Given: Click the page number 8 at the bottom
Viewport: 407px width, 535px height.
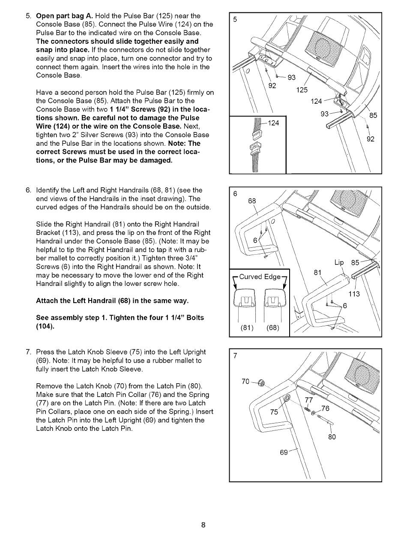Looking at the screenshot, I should click(x=204, y=525).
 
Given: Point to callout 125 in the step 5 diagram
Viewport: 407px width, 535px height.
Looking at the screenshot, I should click(x=302, y=90).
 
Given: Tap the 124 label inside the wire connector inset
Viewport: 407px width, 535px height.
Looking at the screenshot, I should click(x=273, y=123).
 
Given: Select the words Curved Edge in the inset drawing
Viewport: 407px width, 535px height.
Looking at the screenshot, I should click(x=260, y=277).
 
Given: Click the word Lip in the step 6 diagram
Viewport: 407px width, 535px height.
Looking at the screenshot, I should click(x=340, y=263).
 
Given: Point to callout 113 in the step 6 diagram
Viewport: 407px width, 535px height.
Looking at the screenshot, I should click(x=354, y=294).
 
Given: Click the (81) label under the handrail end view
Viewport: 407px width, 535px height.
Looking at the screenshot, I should click(x=248, y=328).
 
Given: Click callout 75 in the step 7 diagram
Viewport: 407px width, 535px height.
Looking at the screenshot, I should click(x=274, y=412).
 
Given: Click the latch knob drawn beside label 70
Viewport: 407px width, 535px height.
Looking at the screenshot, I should click(x=262, y=382).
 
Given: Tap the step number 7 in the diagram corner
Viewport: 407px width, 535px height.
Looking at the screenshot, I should click(x=235, y=356).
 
